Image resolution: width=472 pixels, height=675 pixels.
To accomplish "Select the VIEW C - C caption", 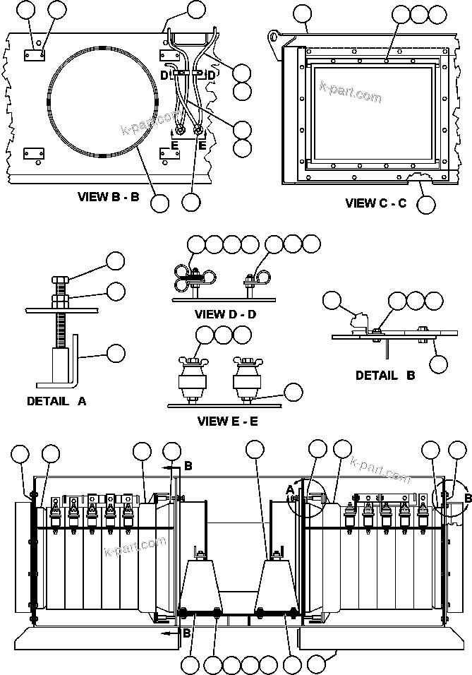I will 375,203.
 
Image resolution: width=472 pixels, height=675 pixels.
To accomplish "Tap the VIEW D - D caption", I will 226,314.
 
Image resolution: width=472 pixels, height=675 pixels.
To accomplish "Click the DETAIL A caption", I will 56,400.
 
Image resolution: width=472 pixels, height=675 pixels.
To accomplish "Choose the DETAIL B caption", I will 385,376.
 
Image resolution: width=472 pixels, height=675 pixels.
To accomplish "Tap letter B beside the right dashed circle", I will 467,498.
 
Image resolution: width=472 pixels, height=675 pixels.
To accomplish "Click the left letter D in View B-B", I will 163,75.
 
